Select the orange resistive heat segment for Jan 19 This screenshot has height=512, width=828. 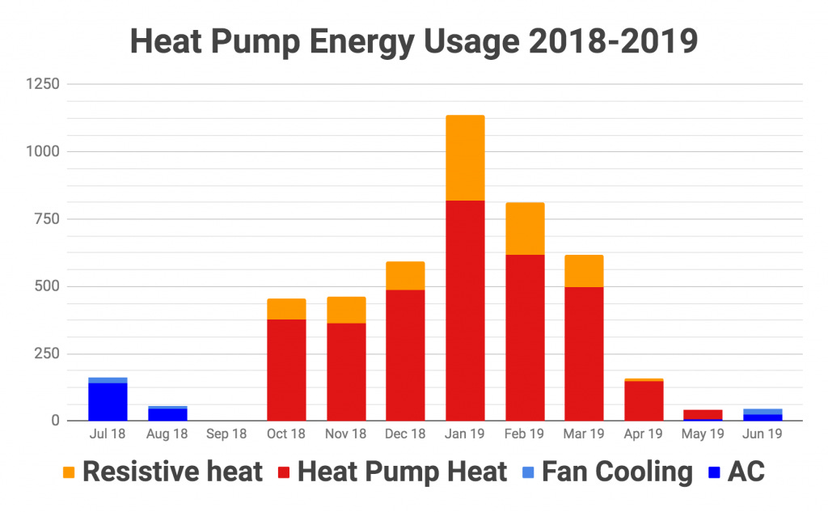pyautogui.click(x=465, y=158)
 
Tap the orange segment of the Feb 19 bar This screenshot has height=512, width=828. pyautogui.click(x=525, y=228)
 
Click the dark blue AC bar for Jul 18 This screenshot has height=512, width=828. pyautogui.click(x=108, y=401)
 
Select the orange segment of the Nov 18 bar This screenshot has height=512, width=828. pyautogui.click(x=346, y=310)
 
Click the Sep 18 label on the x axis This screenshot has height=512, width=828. pyautogui.click(x=226, y=434)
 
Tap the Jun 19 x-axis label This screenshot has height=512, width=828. pyautogui.click(x=763, y=434)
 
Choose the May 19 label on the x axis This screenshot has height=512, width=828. pyautogui.click(x=703, y=434)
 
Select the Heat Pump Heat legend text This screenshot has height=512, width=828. pyautogui.click(x=402, y=472)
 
